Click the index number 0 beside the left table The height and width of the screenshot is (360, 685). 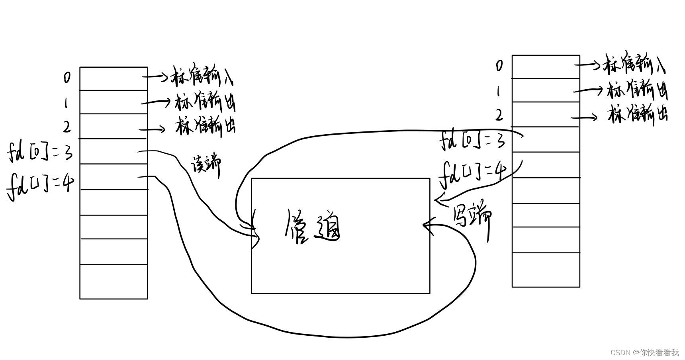[x=67, y=77]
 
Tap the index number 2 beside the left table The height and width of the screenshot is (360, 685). [x=67, y=127]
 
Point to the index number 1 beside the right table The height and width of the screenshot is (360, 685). [x=498, y=92]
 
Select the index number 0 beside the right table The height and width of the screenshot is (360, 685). [x=499, y=65]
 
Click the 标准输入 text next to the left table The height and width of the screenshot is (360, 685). [x=202, y=76]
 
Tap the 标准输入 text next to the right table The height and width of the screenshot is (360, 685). [x=635, y=64]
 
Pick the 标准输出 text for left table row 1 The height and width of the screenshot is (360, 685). [x=205, y=103]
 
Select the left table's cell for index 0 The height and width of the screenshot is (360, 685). [x=114, y=78]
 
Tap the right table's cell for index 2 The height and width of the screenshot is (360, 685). [x=546, y=114]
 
